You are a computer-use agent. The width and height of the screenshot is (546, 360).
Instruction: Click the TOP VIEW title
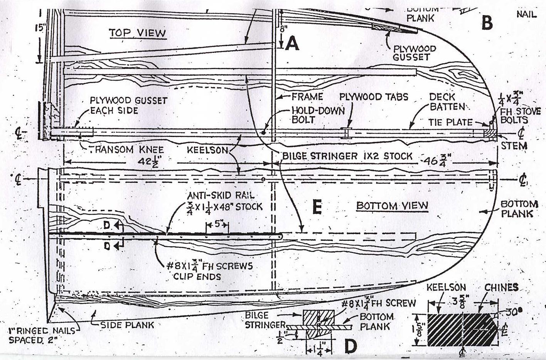[x=137, y=33]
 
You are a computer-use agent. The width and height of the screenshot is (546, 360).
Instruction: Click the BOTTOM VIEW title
[x=392, y=205]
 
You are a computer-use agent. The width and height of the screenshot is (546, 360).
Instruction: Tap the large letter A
[x=292, y=44]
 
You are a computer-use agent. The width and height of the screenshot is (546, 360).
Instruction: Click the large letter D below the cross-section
[x=350, y=346]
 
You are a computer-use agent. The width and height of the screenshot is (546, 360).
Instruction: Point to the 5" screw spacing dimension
[x=217, y=224]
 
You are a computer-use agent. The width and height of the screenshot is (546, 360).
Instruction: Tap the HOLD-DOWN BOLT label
[x=318, y=115]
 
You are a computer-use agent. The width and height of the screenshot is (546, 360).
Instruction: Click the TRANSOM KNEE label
[x=127, y=150]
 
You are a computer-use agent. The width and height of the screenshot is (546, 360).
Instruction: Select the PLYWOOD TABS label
[x=373, y=96]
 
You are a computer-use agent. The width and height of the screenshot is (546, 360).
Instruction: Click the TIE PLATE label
[x=450, y=122]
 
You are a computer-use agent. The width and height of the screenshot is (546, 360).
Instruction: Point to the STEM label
[x=514, y=146]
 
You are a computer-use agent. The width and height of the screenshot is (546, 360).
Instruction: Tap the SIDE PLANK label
[x=127, y=325]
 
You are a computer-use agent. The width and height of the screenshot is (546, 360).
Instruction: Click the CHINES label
[x=501, y=287]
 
